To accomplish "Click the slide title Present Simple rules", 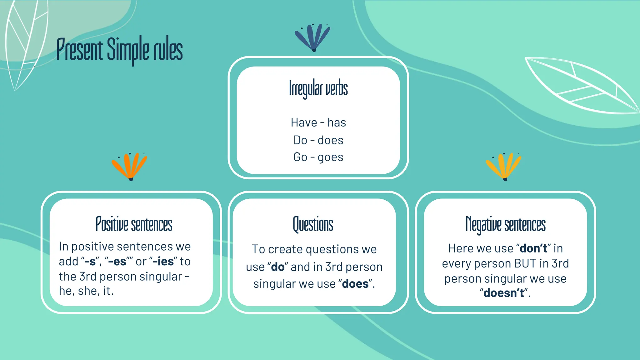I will point(119,50).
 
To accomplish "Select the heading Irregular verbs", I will point(318,88).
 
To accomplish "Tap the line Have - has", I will point(318,122).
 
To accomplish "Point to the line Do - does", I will point(318,140).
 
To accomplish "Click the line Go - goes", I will point(318,157).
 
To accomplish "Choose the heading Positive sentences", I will point(134,224).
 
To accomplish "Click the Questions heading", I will point(313,224).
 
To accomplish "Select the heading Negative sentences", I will point(505,224).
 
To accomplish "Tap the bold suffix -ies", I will point(163,262).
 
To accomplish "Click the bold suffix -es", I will point(117,262).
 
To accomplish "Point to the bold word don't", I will point(533,248).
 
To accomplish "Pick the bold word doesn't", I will point(503,293).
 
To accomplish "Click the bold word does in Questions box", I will point(355,284).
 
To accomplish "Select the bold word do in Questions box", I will point(277,267).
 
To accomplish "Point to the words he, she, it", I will point(86,291).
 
